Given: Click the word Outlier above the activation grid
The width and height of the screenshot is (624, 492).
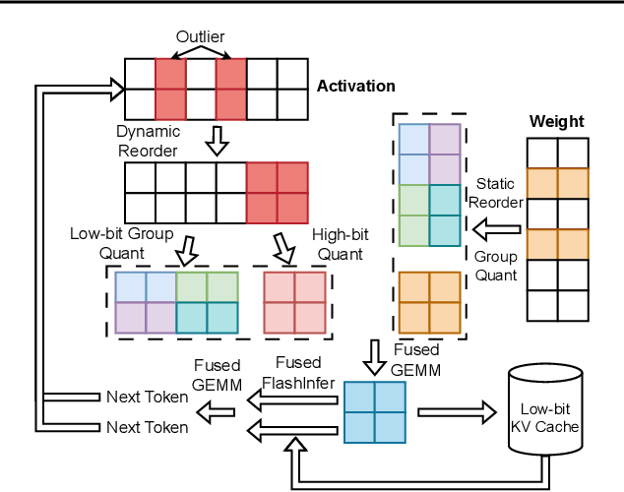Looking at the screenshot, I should (201, 37).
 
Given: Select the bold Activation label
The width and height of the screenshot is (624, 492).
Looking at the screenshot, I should (355, 87).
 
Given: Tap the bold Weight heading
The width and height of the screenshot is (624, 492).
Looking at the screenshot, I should (556, 122).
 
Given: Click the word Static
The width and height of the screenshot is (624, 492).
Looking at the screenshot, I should (496, 184).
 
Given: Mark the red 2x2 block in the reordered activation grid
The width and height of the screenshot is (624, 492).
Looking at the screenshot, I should (277, 193).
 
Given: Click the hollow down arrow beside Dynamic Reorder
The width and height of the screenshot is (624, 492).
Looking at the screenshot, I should (216, 144).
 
